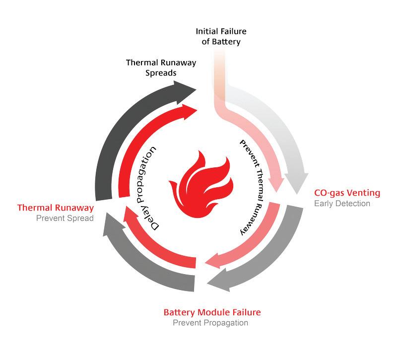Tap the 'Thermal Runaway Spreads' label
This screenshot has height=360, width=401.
[161, 68]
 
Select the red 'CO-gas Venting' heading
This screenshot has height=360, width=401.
[347, 193]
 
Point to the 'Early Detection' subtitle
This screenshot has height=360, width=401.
[342, 204]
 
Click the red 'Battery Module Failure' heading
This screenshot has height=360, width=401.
[212, 312]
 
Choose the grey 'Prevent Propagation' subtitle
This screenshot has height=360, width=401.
[210, 323]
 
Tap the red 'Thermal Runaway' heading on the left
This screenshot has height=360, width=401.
[56, 208]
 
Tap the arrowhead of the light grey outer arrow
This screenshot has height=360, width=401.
[298, 183]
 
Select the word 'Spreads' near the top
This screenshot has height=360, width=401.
[161, 72]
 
